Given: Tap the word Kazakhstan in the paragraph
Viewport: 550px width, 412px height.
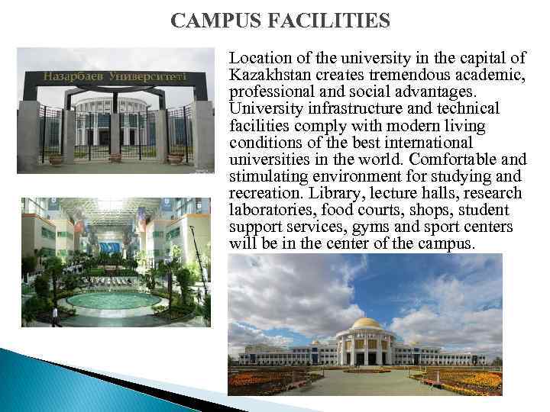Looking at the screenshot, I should point(269,75).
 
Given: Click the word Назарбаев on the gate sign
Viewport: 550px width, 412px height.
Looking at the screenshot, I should point(74,77).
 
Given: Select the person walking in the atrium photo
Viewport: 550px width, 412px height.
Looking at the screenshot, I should point(53,314).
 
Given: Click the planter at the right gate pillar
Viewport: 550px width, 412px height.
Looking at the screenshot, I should point(176,159).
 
